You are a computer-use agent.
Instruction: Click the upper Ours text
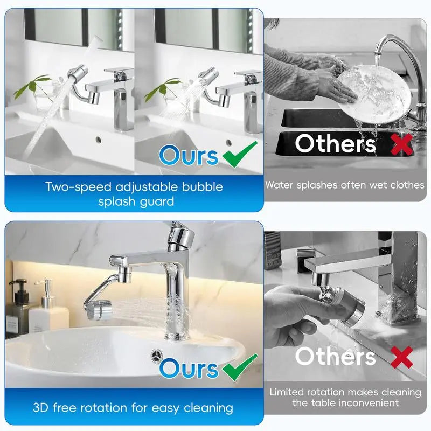coord(189,156)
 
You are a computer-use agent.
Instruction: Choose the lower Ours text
coord(189,369)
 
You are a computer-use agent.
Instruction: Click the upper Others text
coord(335,144)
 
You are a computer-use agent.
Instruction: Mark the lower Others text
coord(335,357)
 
